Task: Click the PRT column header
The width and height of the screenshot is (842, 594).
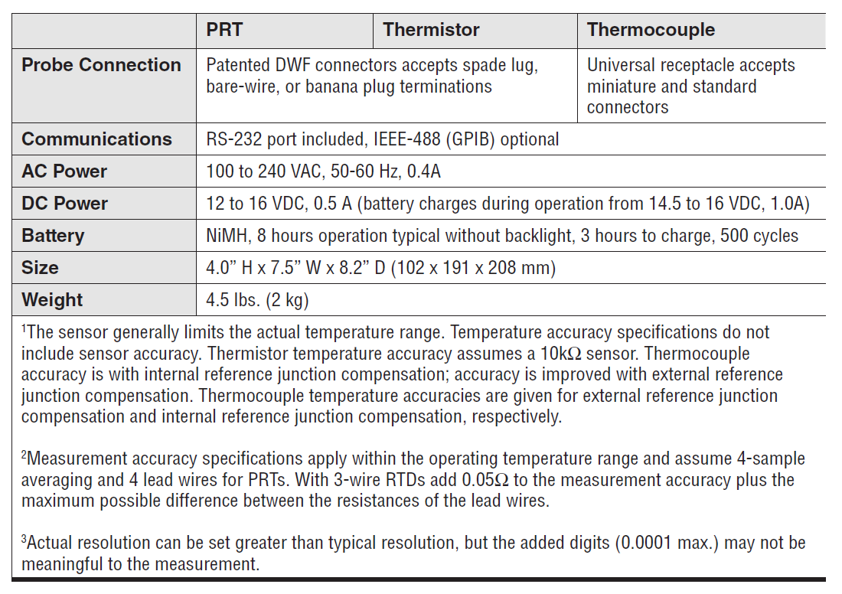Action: pos(224,30)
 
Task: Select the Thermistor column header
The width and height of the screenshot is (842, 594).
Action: pos(431,30)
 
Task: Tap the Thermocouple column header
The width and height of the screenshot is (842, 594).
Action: pos(651,30)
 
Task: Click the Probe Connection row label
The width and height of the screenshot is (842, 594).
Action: pos(101,65)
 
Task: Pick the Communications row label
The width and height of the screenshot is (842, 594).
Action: pos(96,139)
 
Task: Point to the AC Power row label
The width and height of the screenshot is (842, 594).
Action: pos(64,171)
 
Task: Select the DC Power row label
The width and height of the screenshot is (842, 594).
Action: pos(64,204)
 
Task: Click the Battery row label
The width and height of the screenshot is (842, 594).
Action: pos(53,236)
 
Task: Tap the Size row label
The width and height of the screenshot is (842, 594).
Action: pos(40,268)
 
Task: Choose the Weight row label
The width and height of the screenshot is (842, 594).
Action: pos(52,300)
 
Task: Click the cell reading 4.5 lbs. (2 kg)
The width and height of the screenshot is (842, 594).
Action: pos(257,300)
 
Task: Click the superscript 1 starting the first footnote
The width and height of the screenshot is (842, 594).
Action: pos(24,329)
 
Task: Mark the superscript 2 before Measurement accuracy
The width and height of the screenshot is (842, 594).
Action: pos(24,455)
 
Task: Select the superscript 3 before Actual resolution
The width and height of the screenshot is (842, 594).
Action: pos(24,540)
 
